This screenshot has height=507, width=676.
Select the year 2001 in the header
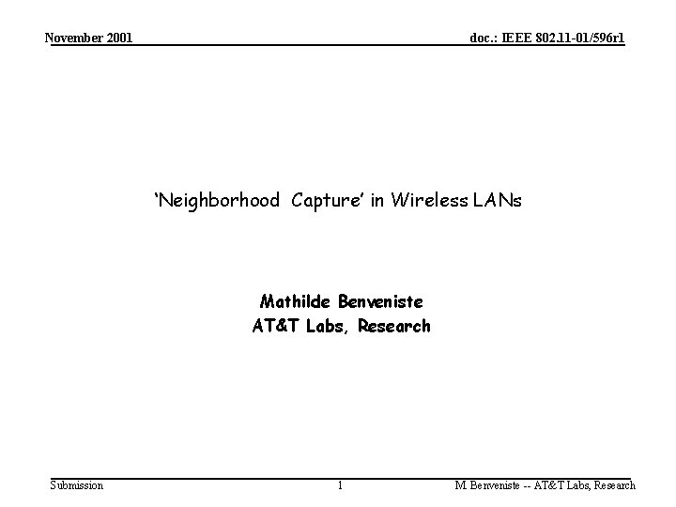(x=120, y=38)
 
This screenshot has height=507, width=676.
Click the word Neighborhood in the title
(x=218, y=200)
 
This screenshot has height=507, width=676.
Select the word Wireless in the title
(x=427, y=200)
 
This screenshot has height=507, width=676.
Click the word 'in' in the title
(x=378, y=200)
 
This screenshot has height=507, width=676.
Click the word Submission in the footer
(x=77, y=484)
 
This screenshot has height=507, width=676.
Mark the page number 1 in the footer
(x=340, y=485)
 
